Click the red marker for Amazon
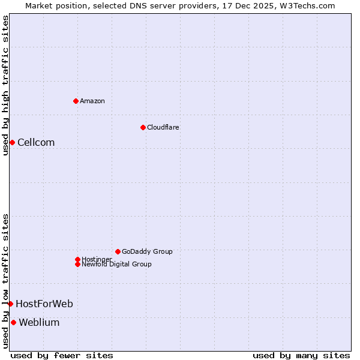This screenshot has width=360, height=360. point(76,101)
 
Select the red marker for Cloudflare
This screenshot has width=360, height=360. point(143,127)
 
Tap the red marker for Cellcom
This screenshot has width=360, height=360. point(12,142)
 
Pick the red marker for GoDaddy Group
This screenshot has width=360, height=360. point(118,251)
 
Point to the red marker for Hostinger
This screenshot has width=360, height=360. point(77,259)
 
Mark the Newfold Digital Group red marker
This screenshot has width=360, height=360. point(77,264)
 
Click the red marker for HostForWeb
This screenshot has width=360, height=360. point(10,304)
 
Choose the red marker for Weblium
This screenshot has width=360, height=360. point(13,322)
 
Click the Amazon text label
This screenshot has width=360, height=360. point(92,101)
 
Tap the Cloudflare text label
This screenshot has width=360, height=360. point(163,127)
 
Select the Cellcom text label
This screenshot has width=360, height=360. point(36,142)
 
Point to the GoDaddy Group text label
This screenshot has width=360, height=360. point(147,251)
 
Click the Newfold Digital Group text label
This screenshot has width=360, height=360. point(116,264)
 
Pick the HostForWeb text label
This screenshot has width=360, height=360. point(44,304)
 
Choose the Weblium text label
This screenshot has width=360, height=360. point(39,322)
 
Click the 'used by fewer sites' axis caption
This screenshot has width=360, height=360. point(62,355)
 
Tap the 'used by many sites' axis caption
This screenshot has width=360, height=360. point(301,355)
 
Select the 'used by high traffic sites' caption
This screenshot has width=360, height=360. point(5,85)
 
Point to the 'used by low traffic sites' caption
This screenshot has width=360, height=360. point(5,280)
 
